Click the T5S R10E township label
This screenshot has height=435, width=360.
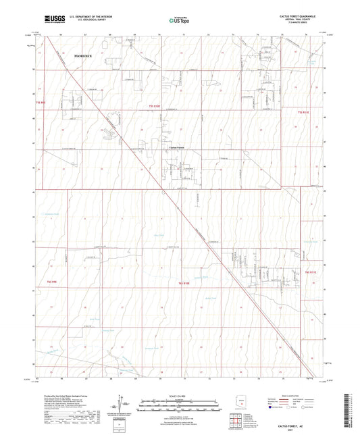156,107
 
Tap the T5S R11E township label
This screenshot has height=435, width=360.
305,111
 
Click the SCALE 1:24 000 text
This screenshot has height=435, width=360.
180,395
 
